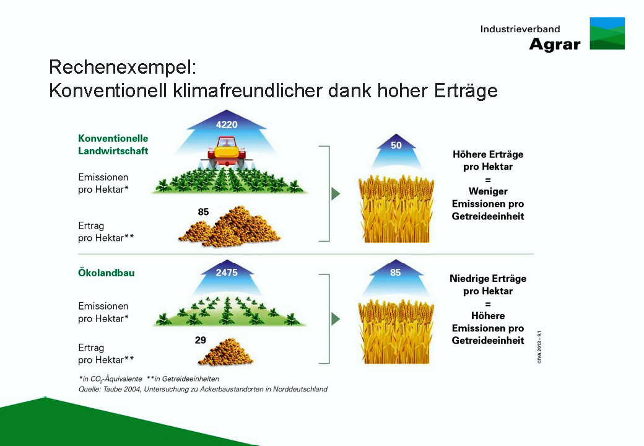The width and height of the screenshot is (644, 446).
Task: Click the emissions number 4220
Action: tap(227, 125)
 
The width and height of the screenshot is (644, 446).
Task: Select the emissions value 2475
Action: tap(227, 273)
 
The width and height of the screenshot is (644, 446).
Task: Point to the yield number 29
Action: tap(201, 340)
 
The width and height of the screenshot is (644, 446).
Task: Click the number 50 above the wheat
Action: tap(396, 145)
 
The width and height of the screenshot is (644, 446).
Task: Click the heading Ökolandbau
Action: tap(107, 273)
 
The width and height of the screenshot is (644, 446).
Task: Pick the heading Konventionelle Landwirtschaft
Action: tap(113, 144)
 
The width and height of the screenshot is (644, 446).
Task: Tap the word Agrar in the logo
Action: tap(555, 45)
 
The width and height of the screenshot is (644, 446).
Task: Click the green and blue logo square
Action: tap(607, 33)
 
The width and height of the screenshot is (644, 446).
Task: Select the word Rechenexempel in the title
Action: tap(123, 67)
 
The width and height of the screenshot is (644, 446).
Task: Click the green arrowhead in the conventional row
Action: tap(336, 193)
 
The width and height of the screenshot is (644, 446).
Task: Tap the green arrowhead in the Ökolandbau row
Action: tap(336, 318)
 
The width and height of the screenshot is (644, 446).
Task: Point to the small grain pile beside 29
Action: tap(225, 352)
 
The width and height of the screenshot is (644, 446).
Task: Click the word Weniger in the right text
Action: tap(488, 191)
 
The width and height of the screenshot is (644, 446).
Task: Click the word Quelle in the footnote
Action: tap(89, 389)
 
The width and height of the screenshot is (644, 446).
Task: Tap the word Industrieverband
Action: tap(520, 29)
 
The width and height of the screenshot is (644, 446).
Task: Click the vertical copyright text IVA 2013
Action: tap(539, 347)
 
